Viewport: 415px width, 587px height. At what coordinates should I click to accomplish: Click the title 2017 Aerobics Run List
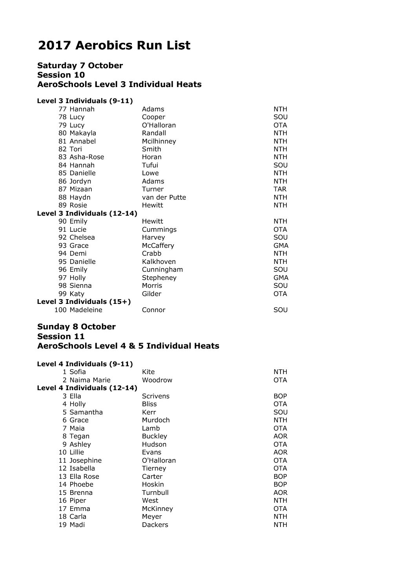pyautogui.click(x=114, y=46)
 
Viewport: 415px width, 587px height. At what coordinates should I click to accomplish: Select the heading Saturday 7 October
pyautogui.click(x=80, y=65)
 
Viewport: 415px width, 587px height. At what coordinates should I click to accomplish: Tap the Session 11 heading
pyautogui.click(x=61, y=336)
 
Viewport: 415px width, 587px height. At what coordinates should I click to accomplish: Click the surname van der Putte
pyautogui.click(x=164, y=197)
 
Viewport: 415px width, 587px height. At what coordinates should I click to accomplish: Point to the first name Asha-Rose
pyautogui.click(x=87, y=157)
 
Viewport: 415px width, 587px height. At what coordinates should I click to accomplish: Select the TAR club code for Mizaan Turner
pyautogui.click(x=280, y=189)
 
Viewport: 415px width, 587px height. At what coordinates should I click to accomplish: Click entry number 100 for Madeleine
pyautogui.click(x=61, y=310)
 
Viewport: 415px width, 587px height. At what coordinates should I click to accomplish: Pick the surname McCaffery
pyautogui.click(x=158, y=245)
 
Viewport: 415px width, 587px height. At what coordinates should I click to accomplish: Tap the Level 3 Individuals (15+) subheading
pyautogui.click(x=84, y=302)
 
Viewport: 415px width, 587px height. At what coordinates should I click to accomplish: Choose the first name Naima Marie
pyautogui.click(x=90, y=380)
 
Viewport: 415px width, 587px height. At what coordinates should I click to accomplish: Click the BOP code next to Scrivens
pyautogui.click(x=280, y=396)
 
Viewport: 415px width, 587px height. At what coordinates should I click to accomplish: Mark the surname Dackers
pyautogui.click(x=155, y=525)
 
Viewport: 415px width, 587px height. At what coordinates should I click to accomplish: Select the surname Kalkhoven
pyautogui.click(x=158, y=262)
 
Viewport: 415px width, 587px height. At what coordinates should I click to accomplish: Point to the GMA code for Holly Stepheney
pyautogui.click(x=281, y=278)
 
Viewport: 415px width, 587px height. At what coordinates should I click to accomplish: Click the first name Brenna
pyautogui.click(x=81, y=492)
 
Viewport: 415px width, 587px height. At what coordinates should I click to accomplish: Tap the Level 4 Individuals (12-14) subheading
pyautogui.click(x=87, y=388)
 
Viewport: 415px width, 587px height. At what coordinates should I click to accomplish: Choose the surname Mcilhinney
pyautogui.click(x=159, y=141)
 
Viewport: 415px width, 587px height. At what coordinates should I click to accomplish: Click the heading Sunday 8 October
pyautogui.click(x=76, y=327)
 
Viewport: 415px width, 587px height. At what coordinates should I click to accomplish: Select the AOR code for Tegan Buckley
pyautogui.click(x=280, y=436)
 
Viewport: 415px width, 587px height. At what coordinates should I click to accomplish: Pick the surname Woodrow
pyautogui.click(x=157, y=380)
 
